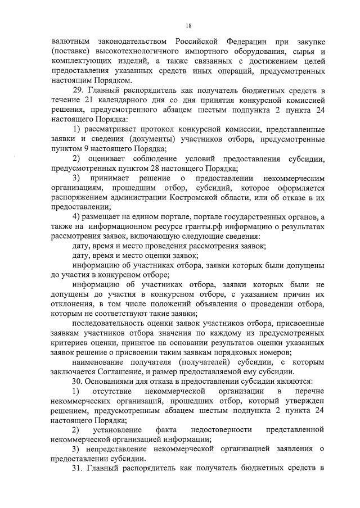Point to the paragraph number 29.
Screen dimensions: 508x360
pyautogui.click(x=79, y=90)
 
